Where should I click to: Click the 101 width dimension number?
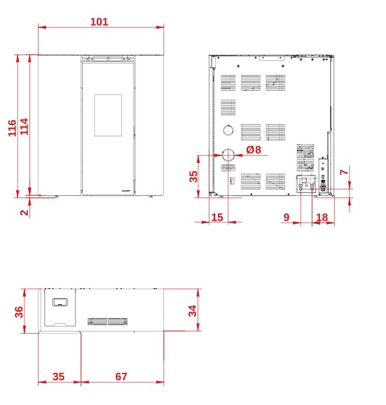99,22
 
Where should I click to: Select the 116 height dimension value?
12,128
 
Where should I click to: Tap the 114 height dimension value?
24,127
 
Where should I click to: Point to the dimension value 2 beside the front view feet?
24,213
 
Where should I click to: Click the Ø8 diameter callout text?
254,150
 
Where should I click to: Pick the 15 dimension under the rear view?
217,218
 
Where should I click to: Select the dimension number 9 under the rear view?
286,218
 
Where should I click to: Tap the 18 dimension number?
322,218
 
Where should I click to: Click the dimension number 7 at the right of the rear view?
344,172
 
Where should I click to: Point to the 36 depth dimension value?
19,312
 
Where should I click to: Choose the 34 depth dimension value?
193,311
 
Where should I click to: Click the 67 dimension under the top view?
121,376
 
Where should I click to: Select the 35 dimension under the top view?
58,376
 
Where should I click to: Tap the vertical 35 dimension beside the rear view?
193,176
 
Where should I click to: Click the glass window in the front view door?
108,115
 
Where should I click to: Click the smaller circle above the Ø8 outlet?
228,125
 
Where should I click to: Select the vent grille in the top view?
107,322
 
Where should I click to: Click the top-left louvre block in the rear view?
228,83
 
